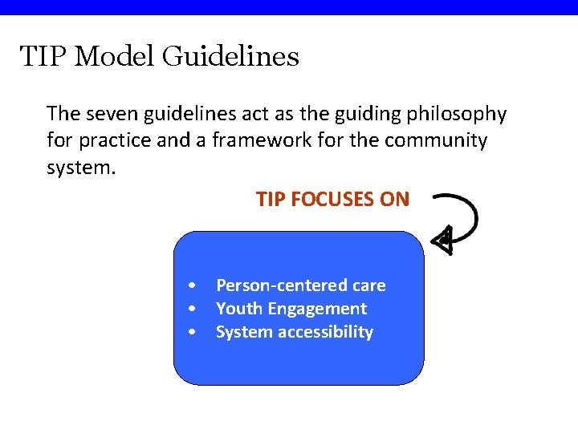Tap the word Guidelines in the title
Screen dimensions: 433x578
[x=230, y=57]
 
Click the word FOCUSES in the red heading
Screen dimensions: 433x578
[x=332, y=200]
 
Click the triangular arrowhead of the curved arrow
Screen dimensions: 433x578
[x=442, y=239]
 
